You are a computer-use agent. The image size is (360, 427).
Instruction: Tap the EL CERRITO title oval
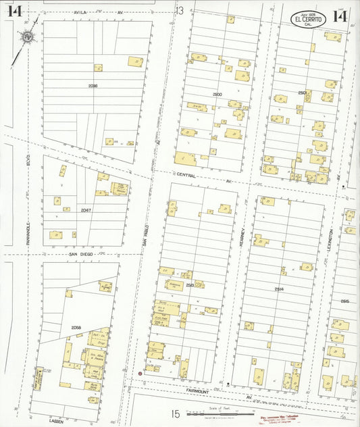point(309,20)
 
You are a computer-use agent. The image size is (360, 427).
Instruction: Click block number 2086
point(93,86)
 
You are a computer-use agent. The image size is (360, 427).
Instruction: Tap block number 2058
point(76,328)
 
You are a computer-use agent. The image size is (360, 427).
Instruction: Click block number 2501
point(303,92)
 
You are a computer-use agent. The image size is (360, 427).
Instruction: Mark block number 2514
point(279,288)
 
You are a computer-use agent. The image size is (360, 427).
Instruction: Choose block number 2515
point(344,301)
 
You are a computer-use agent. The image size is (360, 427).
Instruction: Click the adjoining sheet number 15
point(174,414)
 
